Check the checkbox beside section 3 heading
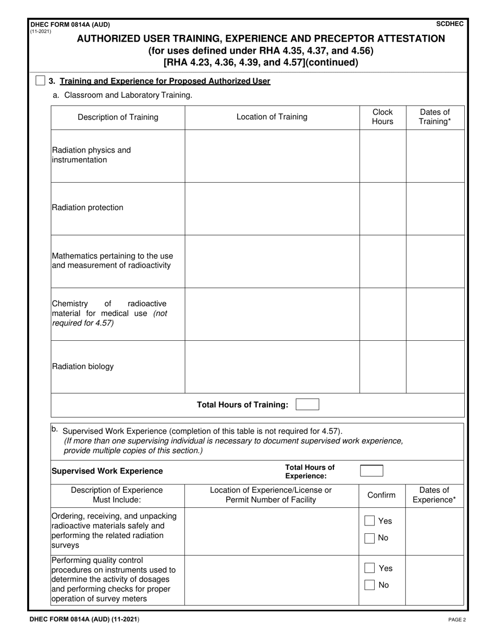click(40, 81)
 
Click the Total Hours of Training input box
click(307, 405)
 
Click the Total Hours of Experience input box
click(372, 471)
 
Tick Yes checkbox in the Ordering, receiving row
click(369, 521)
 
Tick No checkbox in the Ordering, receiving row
click(369, 538)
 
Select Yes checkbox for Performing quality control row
click(369, 568)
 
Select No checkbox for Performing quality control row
click(369, 585)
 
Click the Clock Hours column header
click(382, 117)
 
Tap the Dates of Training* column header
click(435, 117)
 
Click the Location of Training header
click(271, 117)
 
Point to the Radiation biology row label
click(82, 366)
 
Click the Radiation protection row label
click(87, 208)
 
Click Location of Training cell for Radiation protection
click(271, 208)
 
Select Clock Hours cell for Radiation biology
click(382, 366)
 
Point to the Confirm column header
click(381, 495)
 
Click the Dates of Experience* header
click(435, 495)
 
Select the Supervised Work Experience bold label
click(107, 471)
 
